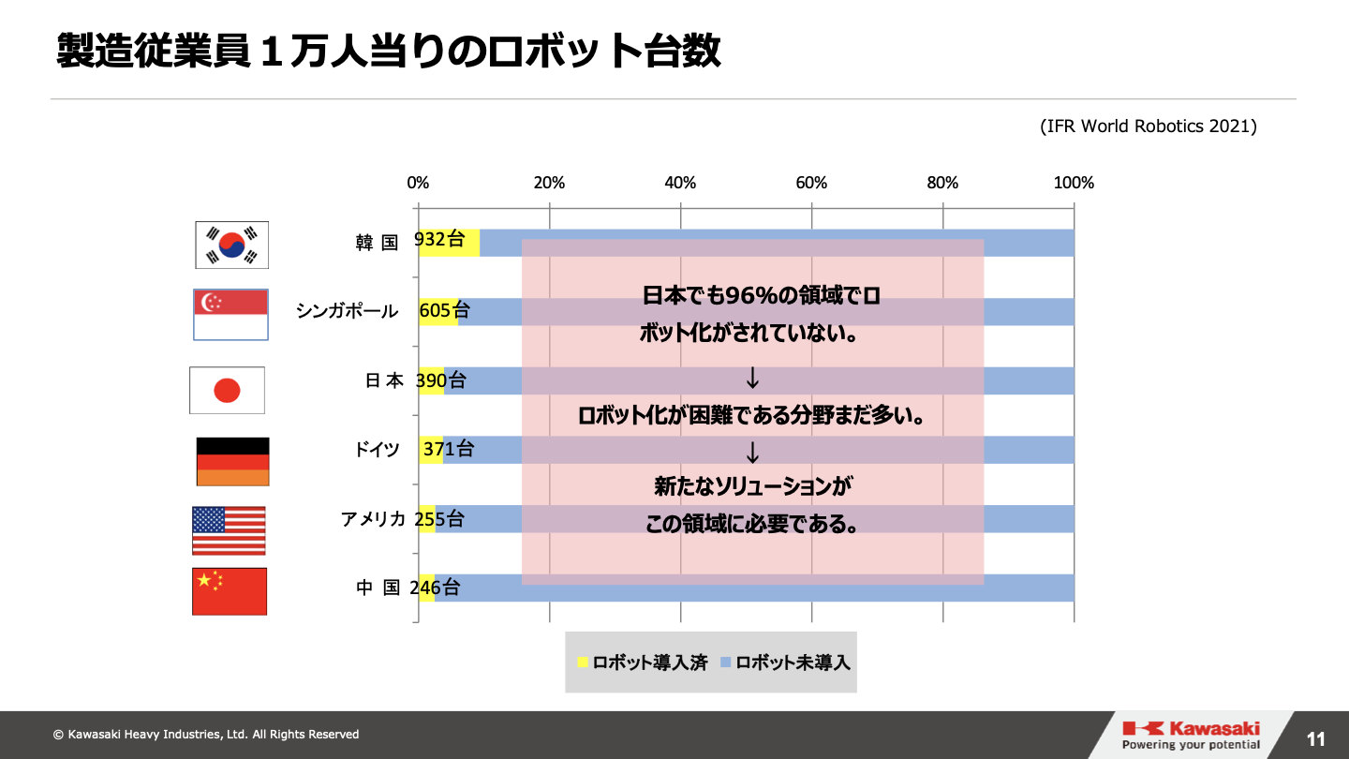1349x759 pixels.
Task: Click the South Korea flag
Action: tap(231, 245)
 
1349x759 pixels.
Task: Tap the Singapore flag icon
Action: tap(230, 314)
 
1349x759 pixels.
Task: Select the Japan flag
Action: tap(227, 390)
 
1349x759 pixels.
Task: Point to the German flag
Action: tap(232, 461)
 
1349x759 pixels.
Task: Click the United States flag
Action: tap(229, 530)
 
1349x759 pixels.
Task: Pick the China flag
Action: tap(230, 591)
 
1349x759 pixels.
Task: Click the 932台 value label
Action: tap(439, 240)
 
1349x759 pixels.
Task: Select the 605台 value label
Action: tap(444, 311)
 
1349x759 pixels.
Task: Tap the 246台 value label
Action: tap(435, 588)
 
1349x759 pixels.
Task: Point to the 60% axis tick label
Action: tap(811, 183)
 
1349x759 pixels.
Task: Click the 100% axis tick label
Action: tap(1074, 183)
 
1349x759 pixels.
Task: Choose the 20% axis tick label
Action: tap(549, 183)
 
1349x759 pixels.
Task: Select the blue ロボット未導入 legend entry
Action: tap(785, 662)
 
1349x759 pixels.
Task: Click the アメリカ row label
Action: tap(373, 519)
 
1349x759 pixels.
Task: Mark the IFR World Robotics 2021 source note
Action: tap(1148, 126)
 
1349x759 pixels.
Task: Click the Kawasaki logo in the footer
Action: tap(1191, 735)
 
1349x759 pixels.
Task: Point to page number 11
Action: tap(1316, 739)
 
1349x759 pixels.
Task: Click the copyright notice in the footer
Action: tap(206, 735)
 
